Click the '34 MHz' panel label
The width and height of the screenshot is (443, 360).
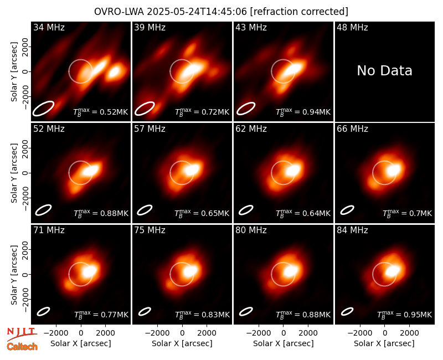coord(49,27)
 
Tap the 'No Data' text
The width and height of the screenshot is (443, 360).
coord(384,71)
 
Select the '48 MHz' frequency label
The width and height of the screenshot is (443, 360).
coord(352,27)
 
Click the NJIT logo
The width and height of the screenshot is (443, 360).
coord(22,333)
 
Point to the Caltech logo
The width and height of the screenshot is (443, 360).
coord(22,347)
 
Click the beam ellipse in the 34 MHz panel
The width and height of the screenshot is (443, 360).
coord(43,109)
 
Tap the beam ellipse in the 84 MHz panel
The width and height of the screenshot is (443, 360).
coord(347,311)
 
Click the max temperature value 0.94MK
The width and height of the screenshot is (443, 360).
coord(303,112)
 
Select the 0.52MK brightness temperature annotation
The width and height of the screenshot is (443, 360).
coord(101,112)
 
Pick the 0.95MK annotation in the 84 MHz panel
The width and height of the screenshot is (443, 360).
coord(405,315)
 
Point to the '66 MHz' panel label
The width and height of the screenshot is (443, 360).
coord(352,129)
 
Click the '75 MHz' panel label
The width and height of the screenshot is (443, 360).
coord(150,230)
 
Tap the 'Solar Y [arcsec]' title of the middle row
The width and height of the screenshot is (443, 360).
coord(14,173)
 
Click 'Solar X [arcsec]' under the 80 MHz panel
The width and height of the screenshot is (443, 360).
coord(284,343)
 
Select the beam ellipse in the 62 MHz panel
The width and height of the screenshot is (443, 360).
coord(246,210)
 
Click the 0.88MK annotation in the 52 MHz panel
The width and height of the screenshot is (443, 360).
coord(101,213)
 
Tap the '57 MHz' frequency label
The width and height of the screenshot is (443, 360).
coord(150,129)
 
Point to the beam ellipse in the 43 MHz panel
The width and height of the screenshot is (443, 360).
coord(246,109)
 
